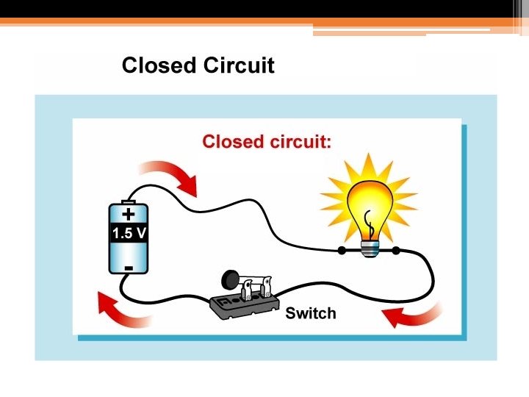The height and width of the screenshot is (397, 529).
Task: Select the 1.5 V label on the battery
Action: tap(129, 235)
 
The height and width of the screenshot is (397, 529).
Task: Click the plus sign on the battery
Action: tap(129, 215)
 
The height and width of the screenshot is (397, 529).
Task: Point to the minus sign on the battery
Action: tap(129, 267)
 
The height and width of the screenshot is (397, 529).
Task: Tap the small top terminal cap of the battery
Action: tap(129, 201)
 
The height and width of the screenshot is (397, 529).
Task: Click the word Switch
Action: tap(310, 313)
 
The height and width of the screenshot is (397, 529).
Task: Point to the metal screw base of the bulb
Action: tap(370, 248)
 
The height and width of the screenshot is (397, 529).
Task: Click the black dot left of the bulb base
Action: tap(342, 251)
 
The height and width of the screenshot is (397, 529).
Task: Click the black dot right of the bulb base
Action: tap(396, 251)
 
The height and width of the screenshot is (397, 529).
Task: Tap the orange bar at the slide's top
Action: tap(220, 21)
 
